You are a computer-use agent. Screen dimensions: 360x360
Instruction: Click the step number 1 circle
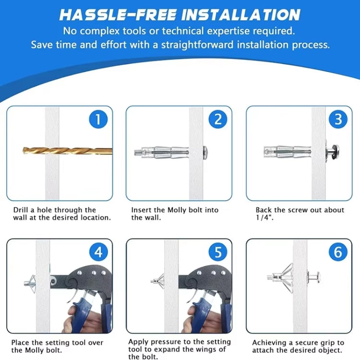[x=98, y=119]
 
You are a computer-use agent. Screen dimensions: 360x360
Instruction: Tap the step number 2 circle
[x=218, y=119]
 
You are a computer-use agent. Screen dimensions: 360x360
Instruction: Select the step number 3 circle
[x=338, y=119]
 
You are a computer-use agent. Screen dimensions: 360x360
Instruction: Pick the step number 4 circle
[x=98, y=252]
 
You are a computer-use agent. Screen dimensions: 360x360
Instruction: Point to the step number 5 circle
[x=218, y=252]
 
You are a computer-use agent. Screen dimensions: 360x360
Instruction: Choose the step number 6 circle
[x=338, y=252]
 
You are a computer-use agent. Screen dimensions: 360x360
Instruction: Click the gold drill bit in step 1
[x=67, y=151]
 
